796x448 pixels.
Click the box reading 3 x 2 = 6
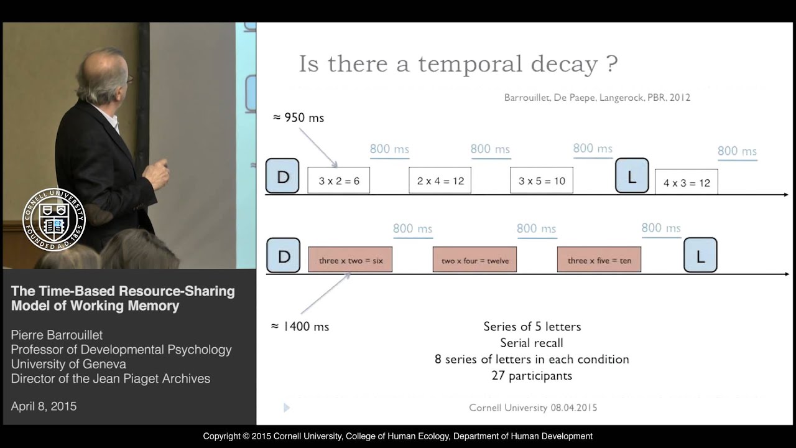(x=338, y=180)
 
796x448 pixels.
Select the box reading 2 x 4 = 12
(x=440, y=180)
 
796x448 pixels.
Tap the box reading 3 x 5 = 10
(x=541, y=180)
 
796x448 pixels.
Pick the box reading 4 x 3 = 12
(x=686, y=182)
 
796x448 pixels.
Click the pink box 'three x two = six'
(x=350, y=260)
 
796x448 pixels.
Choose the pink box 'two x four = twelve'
(x=474, y=260)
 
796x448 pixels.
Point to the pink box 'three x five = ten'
(x=599, y=260)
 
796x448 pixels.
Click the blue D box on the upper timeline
(x=282, y=176)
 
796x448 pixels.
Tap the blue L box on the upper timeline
(x=632, y=176)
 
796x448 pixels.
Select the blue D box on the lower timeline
(x=283, y=256)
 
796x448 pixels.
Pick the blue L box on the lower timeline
(x=700, y=256)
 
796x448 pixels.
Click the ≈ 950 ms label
(x=298, y=118)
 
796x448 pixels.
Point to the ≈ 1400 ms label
(x=300, y=326)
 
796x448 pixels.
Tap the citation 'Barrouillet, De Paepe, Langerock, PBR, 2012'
(x=597, y=97)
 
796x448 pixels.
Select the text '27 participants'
(x=532, y=375)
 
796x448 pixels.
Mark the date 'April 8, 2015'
(x=44, y=406)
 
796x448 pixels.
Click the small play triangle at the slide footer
(x=286, y=408)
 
